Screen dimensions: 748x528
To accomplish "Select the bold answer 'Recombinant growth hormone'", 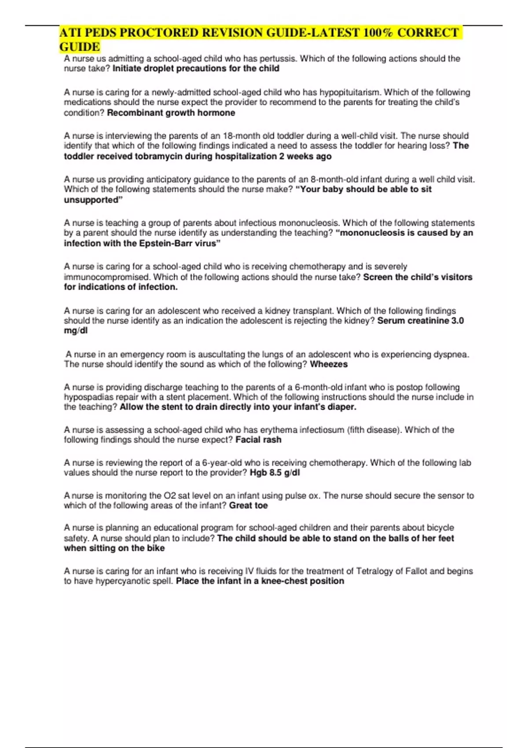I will coord(171,113).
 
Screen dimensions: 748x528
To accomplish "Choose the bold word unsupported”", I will coord(93,200).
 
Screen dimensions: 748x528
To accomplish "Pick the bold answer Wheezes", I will coord(329,364).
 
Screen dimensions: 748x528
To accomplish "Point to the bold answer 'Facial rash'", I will coord(258,440).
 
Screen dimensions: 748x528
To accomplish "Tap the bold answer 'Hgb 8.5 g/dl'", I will coord(275,473).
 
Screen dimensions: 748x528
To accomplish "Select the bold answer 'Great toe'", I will coord(248,506).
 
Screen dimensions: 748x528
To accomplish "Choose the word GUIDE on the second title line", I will coord(80,47).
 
